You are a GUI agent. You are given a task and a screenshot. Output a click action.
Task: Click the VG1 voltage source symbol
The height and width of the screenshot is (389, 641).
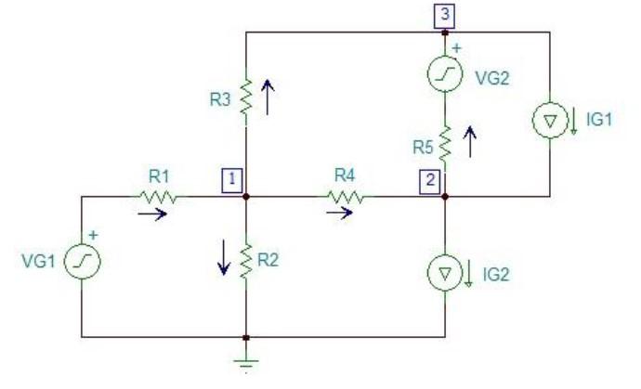82,264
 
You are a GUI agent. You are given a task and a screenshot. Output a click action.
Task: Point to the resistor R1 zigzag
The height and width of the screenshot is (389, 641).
158,197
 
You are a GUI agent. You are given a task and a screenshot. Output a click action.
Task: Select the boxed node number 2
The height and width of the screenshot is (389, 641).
428,179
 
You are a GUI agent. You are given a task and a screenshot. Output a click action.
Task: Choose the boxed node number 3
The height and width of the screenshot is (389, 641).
445,14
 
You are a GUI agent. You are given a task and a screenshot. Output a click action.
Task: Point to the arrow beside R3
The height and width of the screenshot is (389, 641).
268,96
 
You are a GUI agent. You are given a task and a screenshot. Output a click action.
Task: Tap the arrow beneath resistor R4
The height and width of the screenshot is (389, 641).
339,214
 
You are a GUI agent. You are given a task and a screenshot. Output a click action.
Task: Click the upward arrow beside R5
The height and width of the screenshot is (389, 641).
470,140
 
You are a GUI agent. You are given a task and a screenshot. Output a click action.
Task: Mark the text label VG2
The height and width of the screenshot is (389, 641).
491,79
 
